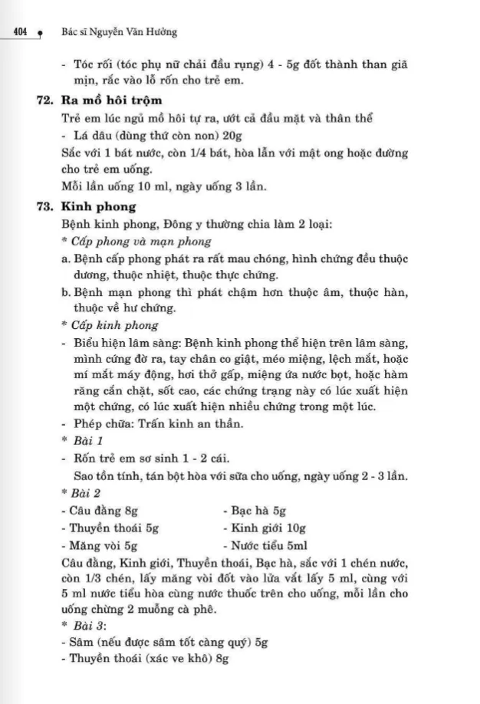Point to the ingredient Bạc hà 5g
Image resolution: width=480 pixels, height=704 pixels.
252,511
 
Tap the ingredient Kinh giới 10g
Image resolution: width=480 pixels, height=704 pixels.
262,528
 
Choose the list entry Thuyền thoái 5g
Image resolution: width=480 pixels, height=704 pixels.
108,528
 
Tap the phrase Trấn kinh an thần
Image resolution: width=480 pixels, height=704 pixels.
179,425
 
